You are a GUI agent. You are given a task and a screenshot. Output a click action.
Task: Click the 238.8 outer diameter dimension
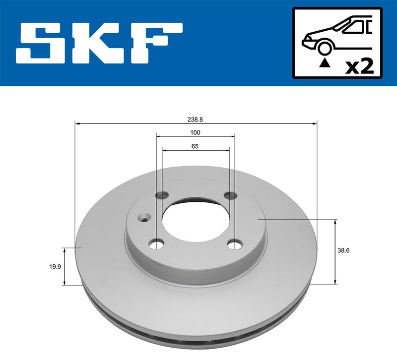(x=195, y=120)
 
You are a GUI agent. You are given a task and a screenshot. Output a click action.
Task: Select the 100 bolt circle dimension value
(x=195, y=132)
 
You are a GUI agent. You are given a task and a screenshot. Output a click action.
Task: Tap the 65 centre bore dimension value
(x=195, y=146)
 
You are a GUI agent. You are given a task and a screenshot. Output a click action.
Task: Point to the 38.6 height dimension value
(x=343, y=250)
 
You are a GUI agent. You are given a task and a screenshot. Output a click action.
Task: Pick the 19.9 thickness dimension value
(x=55, y=266)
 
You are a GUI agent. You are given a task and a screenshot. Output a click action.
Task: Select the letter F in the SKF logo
(x=156, y=43)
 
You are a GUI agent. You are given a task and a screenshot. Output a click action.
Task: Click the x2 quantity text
(x=359, y=66)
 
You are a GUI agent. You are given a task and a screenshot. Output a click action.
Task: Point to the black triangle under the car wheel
(x=325, y=63)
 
